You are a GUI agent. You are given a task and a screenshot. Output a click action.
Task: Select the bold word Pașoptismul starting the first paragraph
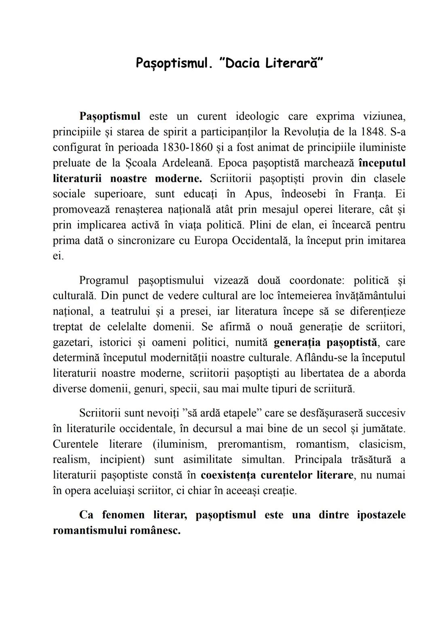coord(110,117)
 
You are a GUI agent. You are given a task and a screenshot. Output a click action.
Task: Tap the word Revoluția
coord(306,132)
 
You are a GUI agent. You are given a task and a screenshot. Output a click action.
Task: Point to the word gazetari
coord(69,343)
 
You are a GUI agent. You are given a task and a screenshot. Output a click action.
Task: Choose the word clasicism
coord(382,444)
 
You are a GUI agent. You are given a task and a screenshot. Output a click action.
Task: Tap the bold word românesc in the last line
coord(155,531)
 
